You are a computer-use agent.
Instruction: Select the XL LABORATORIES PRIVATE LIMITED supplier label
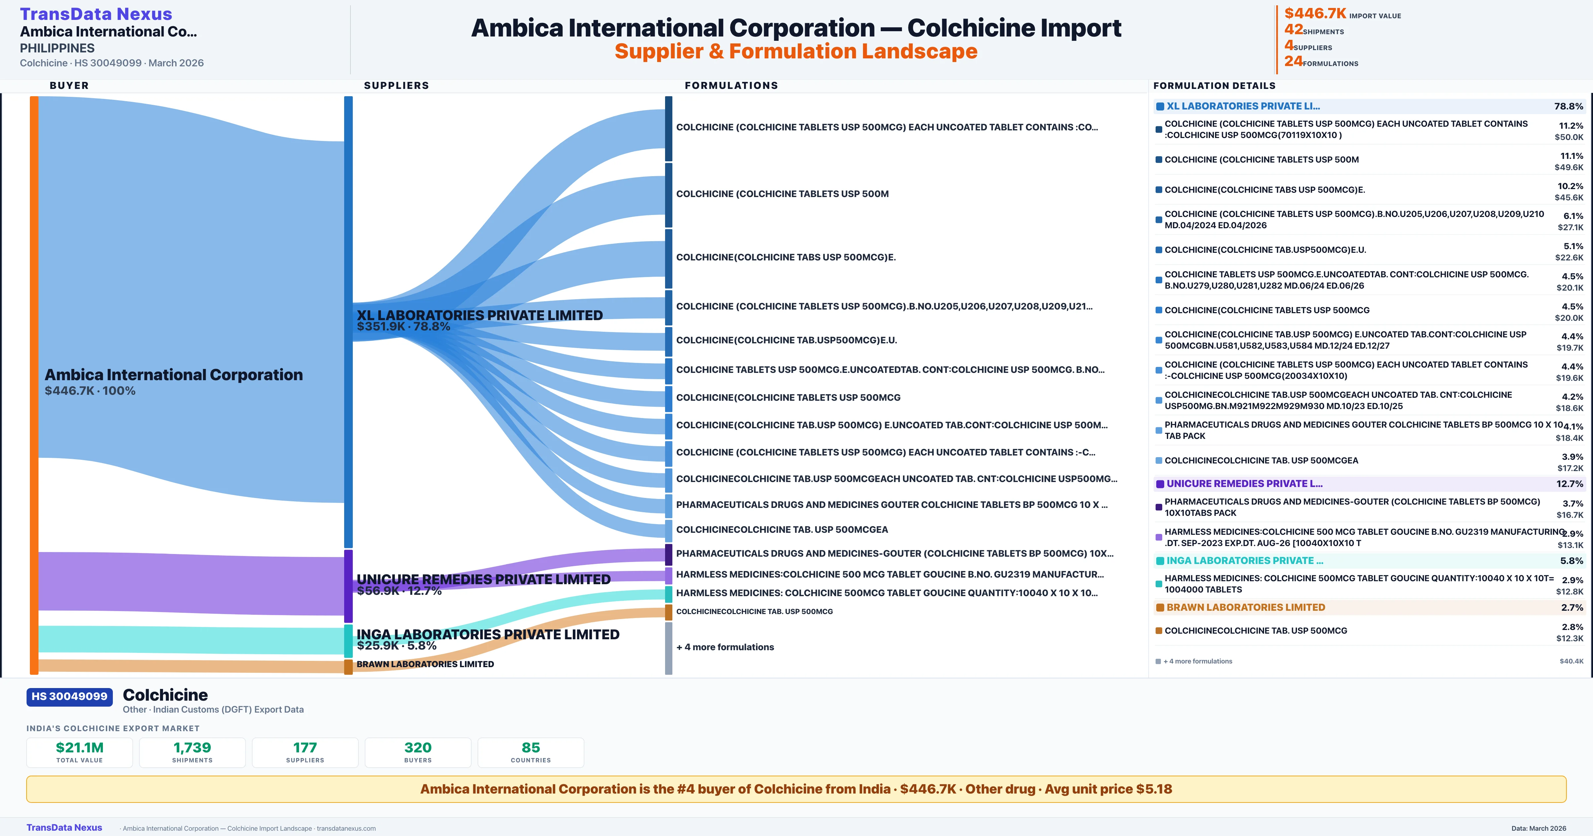click(479, 315)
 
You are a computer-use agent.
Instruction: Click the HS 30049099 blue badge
click(69, 697)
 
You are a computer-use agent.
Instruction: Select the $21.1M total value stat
click(80, 747)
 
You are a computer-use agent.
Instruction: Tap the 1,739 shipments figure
click(192, 747)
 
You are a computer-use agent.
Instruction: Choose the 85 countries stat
click(531, 747)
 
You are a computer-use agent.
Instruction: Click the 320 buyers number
click(418, 747)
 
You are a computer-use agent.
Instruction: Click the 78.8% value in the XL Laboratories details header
click(1568, 106)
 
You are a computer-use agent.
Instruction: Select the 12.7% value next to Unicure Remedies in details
click(1569, 484)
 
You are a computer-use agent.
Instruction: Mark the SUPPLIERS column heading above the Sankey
click(396, 85)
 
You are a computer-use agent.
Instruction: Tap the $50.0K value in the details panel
click(1569, 137)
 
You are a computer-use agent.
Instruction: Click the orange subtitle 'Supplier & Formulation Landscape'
click(796, 51)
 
